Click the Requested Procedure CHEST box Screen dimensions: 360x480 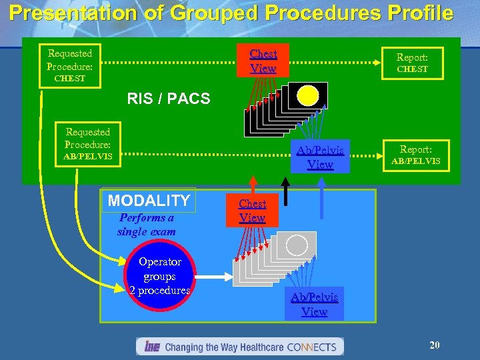pyautogui.click(x=70, y=65)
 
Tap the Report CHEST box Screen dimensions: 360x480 pyautogui.click(x=412, y=63)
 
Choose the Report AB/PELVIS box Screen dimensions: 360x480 pyautogui.click(x=416, y=155)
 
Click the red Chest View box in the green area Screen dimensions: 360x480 pyautogui.click(x=263, y=60)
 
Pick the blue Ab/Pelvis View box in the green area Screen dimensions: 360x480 pyautogui.click(x=320, y=157)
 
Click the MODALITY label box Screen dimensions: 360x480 pyautogui.click(x=149, y=200)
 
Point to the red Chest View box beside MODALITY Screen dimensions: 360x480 pyautogui.click(x=252, y=211)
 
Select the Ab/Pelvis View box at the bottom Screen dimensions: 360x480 pyautogui.click(x=314, y=304)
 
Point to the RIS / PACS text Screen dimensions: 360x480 pyautogui.click(x=168, y=99)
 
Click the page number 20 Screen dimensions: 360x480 pyautogui.click(x=434, y=345)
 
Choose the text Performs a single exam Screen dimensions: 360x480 pyautogui.click(x=147, y=225)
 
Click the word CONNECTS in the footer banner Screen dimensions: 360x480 pyautogui.click(x=312, y=347)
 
